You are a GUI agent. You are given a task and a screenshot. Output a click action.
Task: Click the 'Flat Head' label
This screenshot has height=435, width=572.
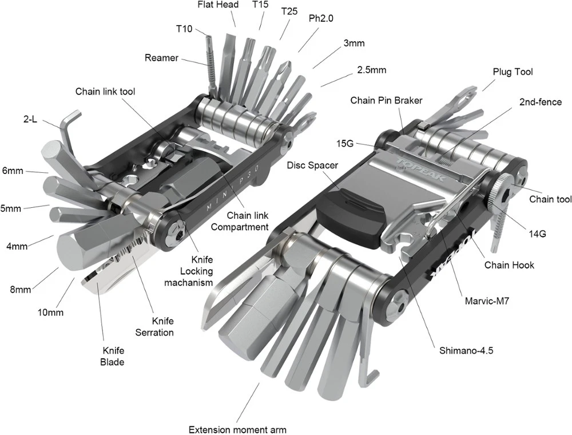(x=218, y=5)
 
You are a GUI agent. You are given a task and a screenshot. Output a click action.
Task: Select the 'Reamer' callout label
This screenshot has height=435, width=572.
(x=161, y=58)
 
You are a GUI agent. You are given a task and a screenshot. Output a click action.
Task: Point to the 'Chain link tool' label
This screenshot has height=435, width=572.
(x=105, y=92)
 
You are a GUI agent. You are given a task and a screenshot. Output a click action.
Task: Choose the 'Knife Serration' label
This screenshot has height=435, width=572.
(x=154, y=326)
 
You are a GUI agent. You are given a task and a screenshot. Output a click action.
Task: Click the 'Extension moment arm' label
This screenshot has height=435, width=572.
(x=237, y=429)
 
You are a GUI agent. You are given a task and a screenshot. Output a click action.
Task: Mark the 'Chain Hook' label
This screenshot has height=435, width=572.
(x=509, y=265)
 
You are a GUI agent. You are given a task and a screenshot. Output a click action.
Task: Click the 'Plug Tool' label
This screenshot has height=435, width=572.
(x=513, y=72)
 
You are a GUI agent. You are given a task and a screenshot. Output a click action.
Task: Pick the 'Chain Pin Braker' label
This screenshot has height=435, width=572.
(x=386, y=101)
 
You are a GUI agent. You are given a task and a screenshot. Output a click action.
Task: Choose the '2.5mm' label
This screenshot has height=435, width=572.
(x=371, y=70)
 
